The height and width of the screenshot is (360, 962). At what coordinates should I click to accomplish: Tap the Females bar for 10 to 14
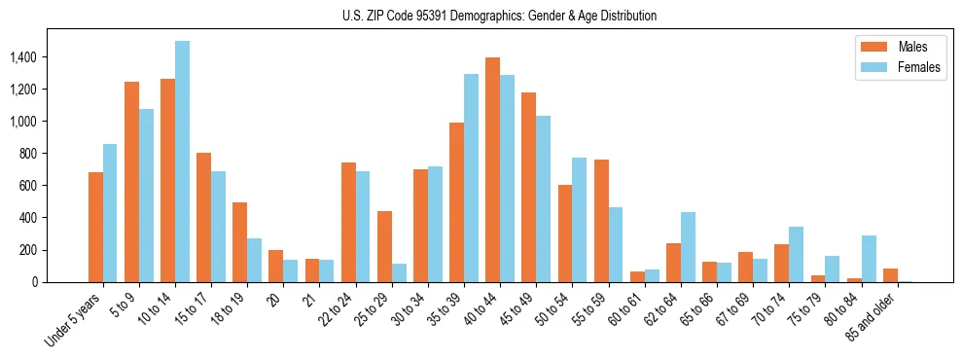[182, 162]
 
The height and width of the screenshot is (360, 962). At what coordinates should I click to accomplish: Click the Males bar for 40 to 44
[493, 170]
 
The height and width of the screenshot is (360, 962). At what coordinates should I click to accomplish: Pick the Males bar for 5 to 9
[131, 182]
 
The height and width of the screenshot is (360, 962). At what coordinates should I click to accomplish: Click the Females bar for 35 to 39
[471, 178]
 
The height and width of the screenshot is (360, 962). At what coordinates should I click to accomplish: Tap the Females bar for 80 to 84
[869, 259]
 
